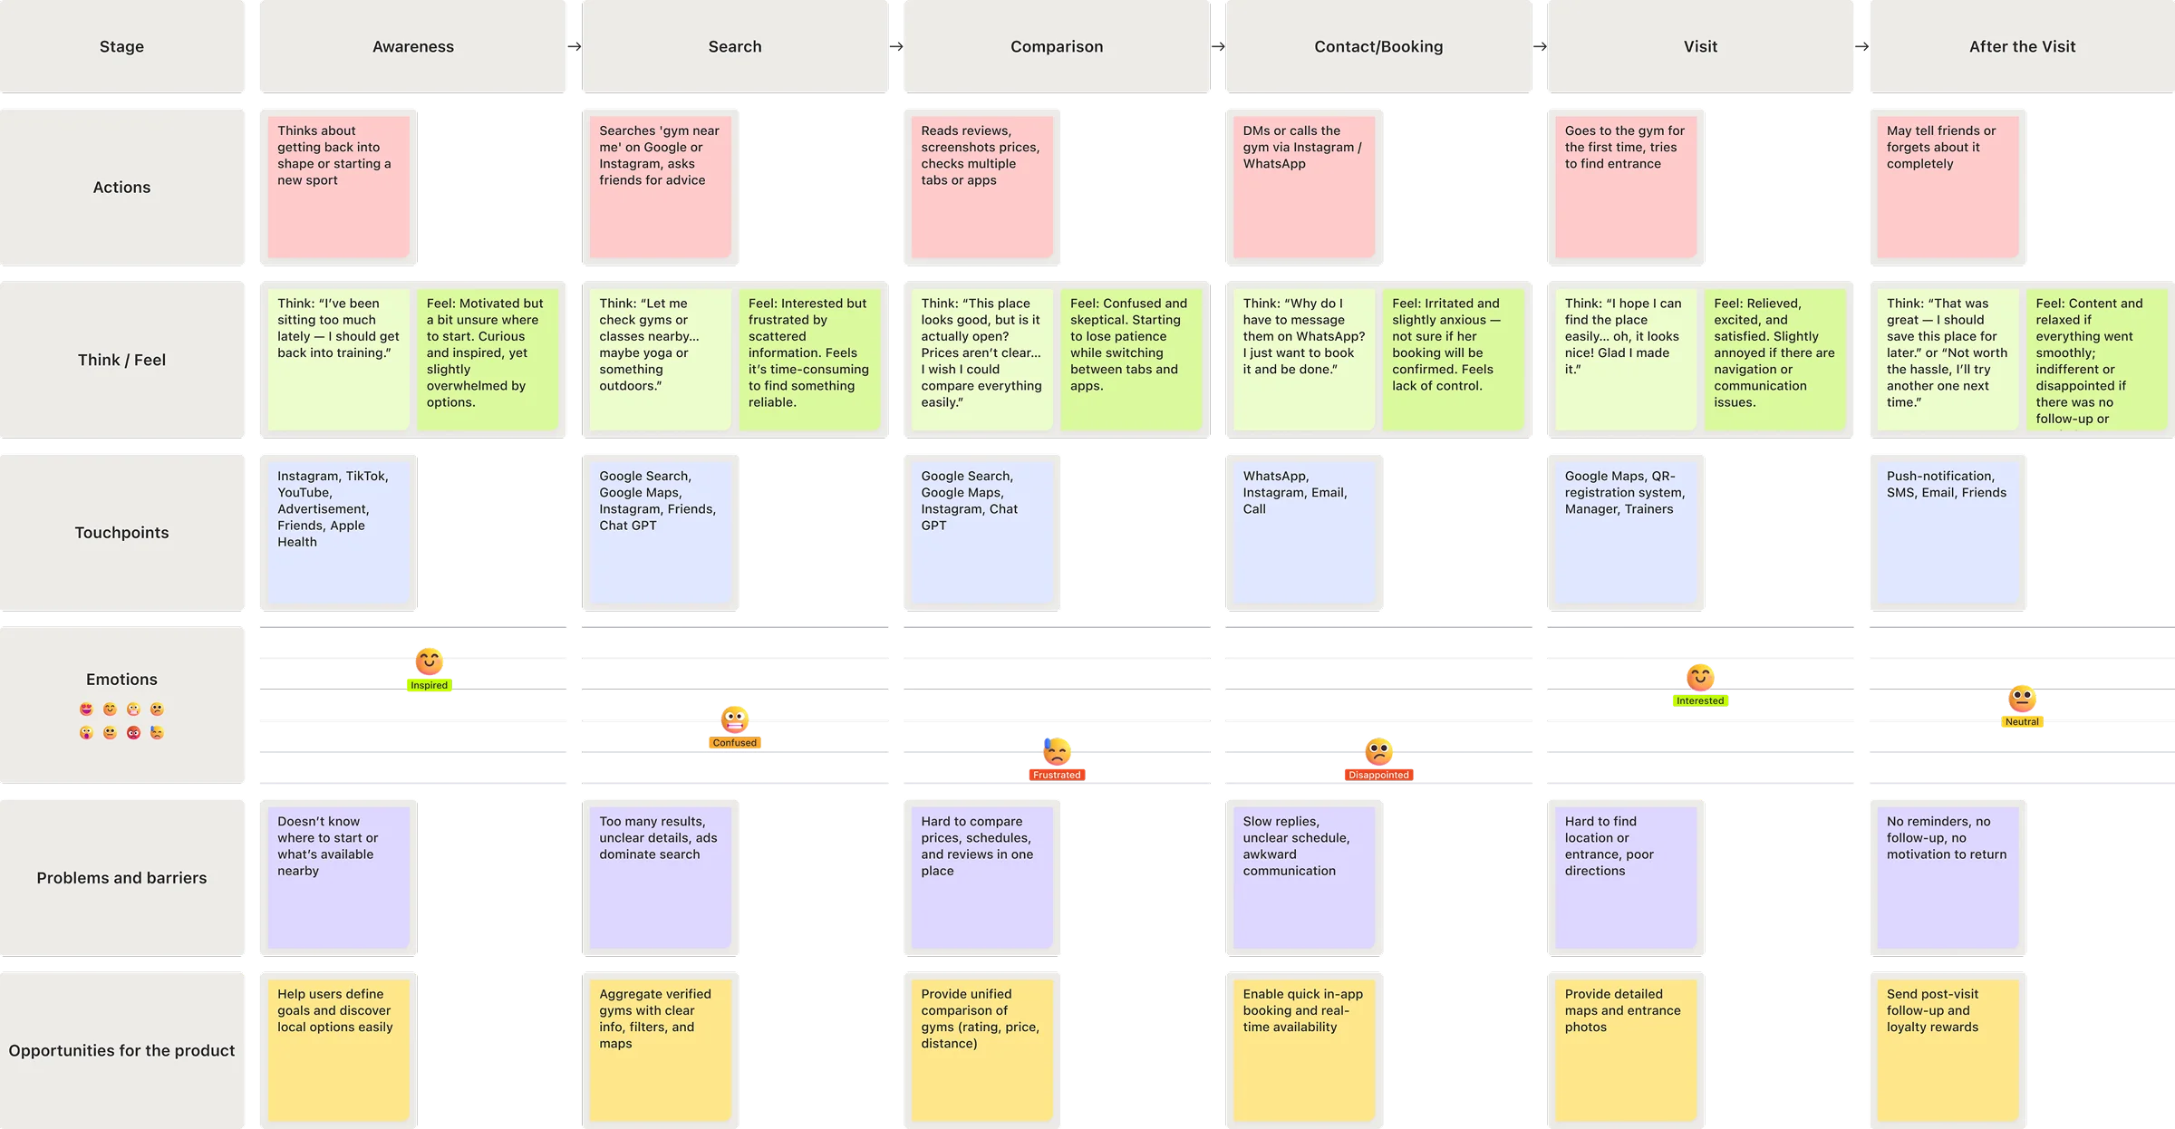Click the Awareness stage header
coord(413,47)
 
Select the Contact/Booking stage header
coord(1378,47)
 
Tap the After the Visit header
coord(2022,47)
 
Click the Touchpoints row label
coord(121,533)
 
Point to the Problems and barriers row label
coord(121,878)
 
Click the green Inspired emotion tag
coord(429,685)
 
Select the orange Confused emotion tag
coord(734,743)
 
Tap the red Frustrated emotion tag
coord(1057,775)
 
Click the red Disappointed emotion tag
coord(1378,775)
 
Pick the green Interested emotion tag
coord(1700,700)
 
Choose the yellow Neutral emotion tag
coord(2022,722)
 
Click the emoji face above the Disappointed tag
coord(1378,751)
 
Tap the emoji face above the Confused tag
coord(734,719)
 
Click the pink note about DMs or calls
coord(1303,187)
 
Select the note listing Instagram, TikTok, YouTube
coord(338,533)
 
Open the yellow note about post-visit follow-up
coord(1947,1050)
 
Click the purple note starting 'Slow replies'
coord(1303,878)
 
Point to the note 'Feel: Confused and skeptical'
coord(1131,359)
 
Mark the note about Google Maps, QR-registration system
coord(1625,533)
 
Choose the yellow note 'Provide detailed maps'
coord(1625,1050)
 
